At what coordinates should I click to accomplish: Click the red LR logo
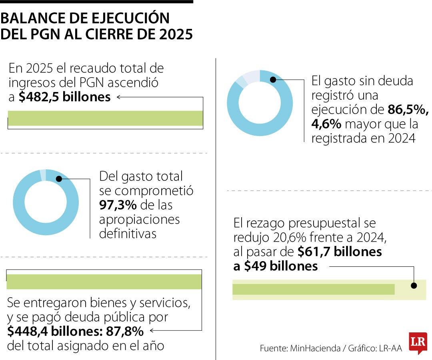[x=418, y=343]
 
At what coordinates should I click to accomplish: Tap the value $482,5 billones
[x=64, y=97]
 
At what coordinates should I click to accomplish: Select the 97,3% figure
[x=118, y=205]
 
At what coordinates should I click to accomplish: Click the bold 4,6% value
[x=326, y=124]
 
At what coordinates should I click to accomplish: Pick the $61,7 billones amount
[x=340, y=252]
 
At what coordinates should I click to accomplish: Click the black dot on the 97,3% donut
[x=59, y=179]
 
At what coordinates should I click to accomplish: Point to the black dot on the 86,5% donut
[x=273, y=79]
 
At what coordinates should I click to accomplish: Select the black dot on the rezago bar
[x=414, y=286]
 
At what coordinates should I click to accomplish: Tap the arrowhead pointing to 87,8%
[x=152, y=331]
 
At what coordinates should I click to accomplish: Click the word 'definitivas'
[x=128, y=234]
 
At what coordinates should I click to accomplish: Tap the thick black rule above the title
[x=96, y=2]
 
